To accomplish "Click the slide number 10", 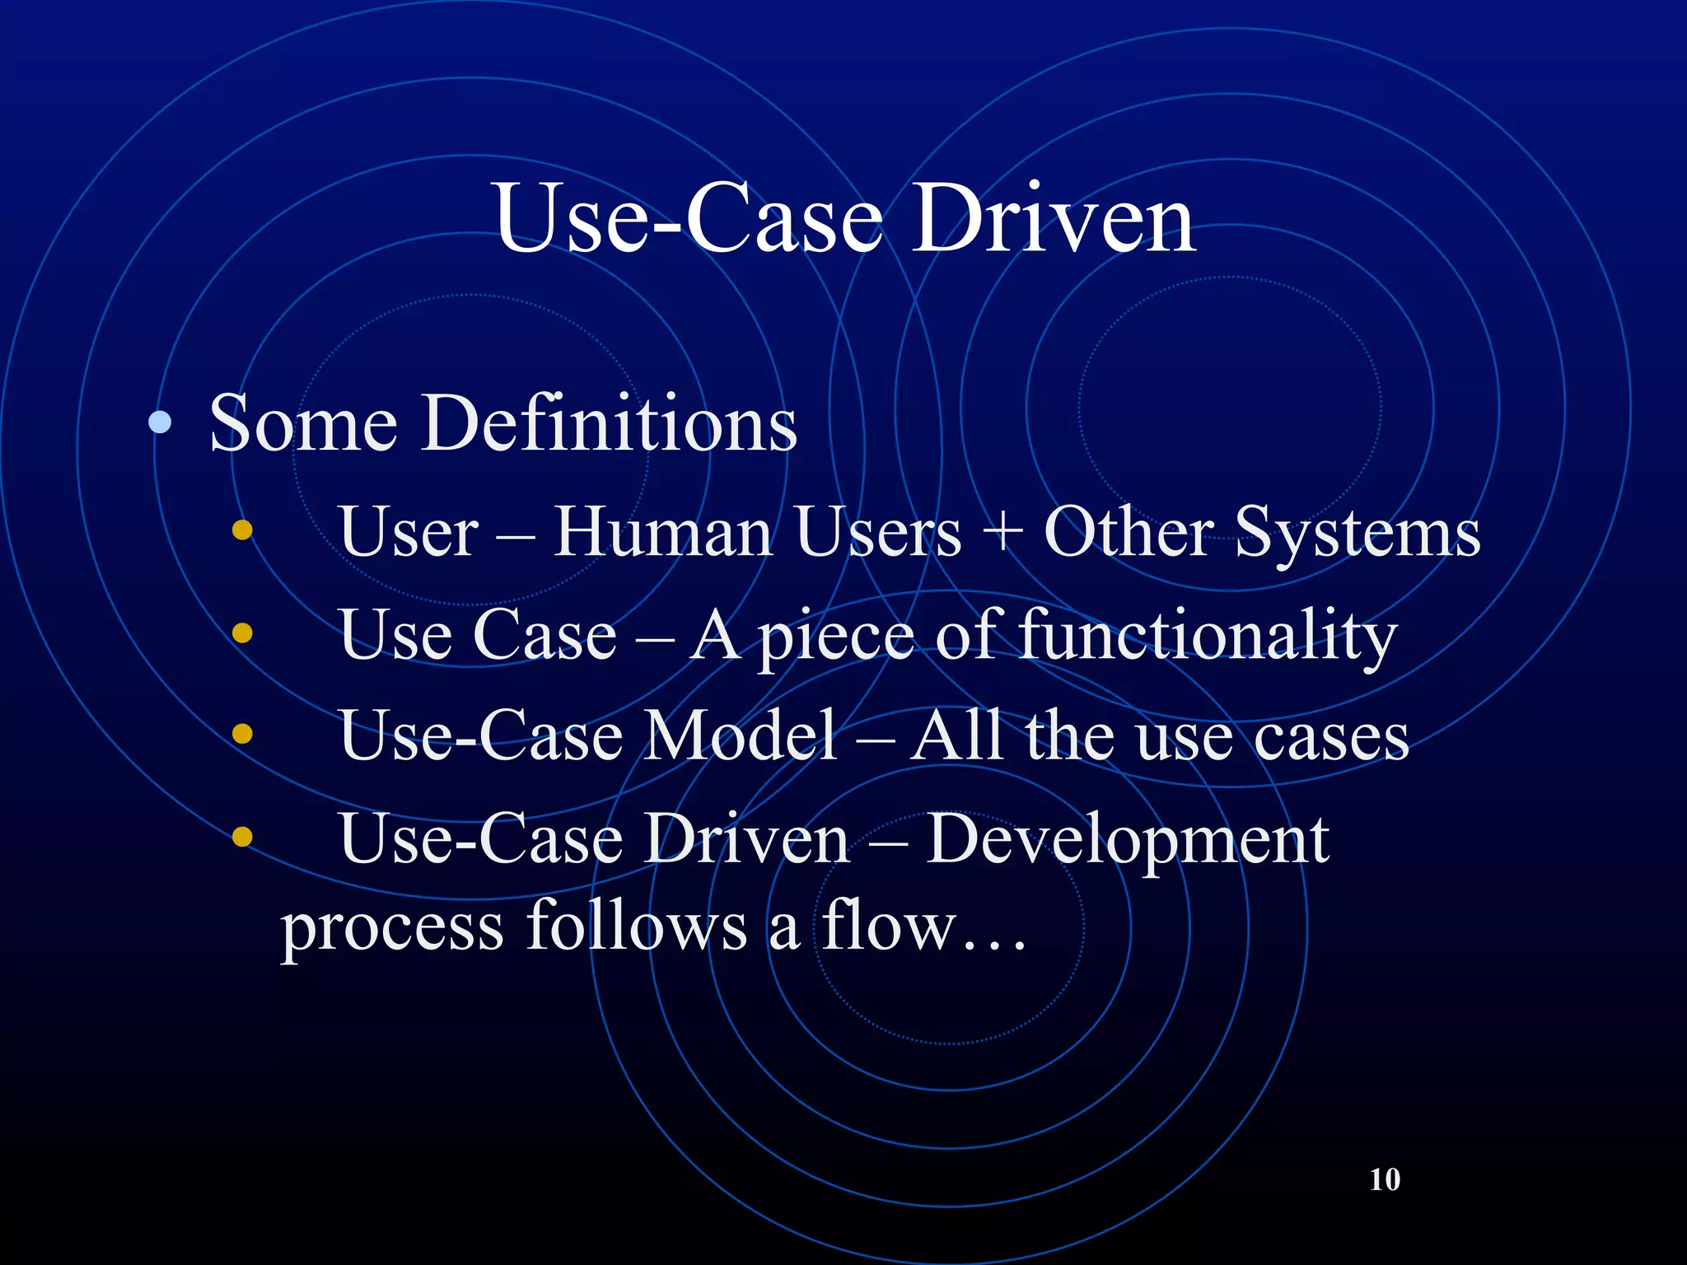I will [1385, 1179].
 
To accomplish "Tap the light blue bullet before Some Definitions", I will [160, 423].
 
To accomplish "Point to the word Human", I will [663, 532].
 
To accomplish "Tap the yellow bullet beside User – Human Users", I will [242, 530].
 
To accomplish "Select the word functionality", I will [1208, 636].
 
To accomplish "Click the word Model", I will [740, 735].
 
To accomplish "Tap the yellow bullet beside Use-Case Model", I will [242, 734].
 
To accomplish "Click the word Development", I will [1127, 840].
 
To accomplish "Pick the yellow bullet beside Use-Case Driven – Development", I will [242, 837].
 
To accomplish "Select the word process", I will [392, 929].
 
